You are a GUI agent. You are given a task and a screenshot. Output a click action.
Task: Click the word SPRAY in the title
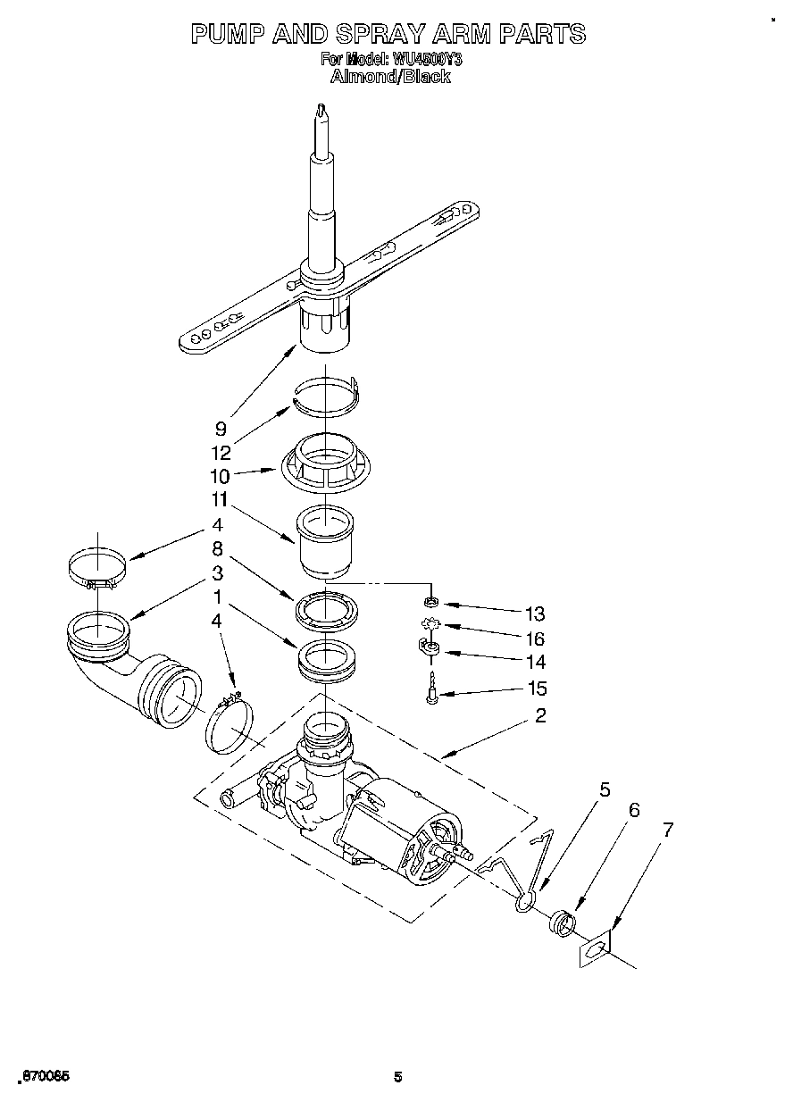[x=381, y=34]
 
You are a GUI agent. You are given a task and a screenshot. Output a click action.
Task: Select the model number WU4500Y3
[x=426, y=60]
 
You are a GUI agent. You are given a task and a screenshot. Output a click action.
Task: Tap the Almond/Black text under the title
[x=390, y=77]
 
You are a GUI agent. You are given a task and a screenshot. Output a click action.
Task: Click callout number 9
[x=221, y=428]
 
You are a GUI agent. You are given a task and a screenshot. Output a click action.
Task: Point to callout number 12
[x=221, y=453]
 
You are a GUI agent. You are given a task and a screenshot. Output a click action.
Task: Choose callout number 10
[x=220, y=476]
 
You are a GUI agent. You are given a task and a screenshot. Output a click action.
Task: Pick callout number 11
[x=220, y=500]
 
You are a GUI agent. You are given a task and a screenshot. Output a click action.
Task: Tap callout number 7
[x=667, y=829]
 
